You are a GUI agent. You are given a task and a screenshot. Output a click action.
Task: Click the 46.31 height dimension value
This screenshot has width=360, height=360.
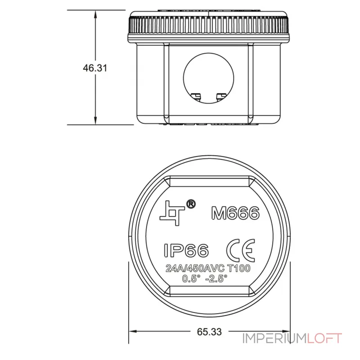tap(95, 68)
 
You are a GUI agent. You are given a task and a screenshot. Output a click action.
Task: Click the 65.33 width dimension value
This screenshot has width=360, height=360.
tap(209, 332)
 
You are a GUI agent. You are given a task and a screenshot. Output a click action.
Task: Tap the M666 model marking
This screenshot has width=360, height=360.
tap(235, 213)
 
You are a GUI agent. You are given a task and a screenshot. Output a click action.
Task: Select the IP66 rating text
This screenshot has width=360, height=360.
tap(186, 250)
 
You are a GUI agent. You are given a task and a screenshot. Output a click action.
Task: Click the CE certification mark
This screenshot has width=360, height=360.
tap(241, 250)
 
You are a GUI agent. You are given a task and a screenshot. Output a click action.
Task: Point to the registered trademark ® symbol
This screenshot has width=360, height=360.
tap(190, 204)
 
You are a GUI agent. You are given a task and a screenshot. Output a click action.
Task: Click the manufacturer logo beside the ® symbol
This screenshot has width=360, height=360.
tap(172, 213)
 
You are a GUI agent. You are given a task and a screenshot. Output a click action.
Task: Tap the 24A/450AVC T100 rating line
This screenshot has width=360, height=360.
tap(208, 268)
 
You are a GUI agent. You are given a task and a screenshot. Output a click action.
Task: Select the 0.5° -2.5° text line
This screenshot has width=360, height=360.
tap(205, 279)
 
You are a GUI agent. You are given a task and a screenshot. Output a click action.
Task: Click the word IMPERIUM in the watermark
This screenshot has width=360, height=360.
tap(275, 338)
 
